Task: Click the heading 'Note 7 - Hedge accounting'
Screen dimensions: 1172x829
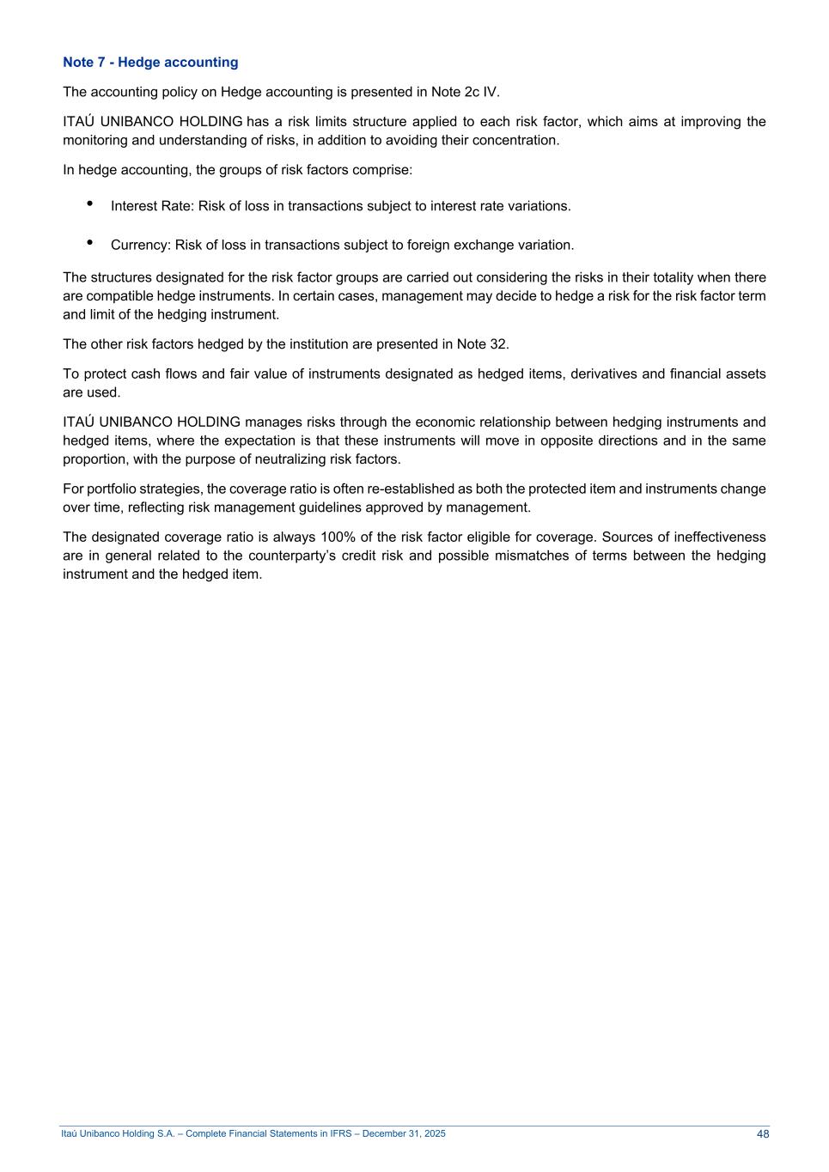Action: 150,62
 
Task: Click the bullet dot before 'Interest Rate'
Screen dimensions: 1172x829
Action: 90,203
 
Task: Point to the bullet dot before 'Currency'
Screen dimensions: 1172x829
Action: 90,242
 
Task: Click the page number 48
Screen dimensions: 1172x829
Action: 763,1134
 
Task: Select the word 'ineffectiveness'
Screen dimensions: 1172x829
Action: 718,537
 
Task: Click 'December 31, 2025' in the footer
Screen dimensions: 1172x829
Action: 404,1134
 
